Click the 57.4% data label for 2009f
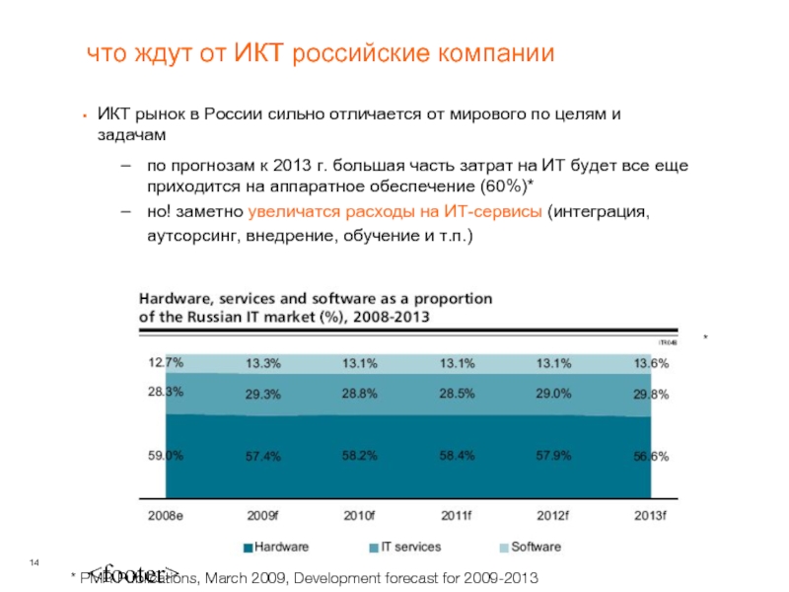[x=263, y=457]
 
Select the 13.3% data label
[x=263, y=363]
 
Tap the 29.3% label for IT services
[x=263, y=395]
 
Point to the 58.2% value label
[x=360, y=457]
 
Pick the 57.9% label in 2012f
[x=553, y=457]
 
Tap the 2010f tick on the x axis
[x=360, y=515]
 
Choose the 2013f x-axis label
[x=650, y=515]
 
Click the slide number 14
[x=34, y=562]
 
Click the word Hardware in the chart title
[x=176, y=298]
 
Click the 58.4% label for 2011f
[x=457, y=457]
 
